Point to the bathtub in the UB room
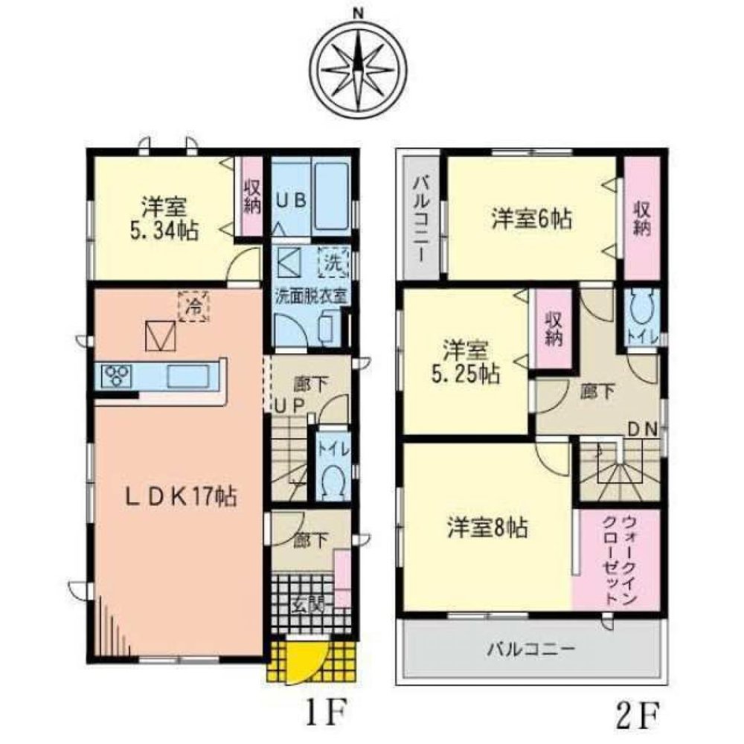click(331, 196)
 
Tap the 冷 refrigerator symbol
click(193, 304)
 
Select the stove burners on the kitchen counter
click(115, 376)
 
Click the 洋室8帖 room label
click(487, 527)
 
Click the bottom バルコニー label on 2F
click(530, 649)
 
